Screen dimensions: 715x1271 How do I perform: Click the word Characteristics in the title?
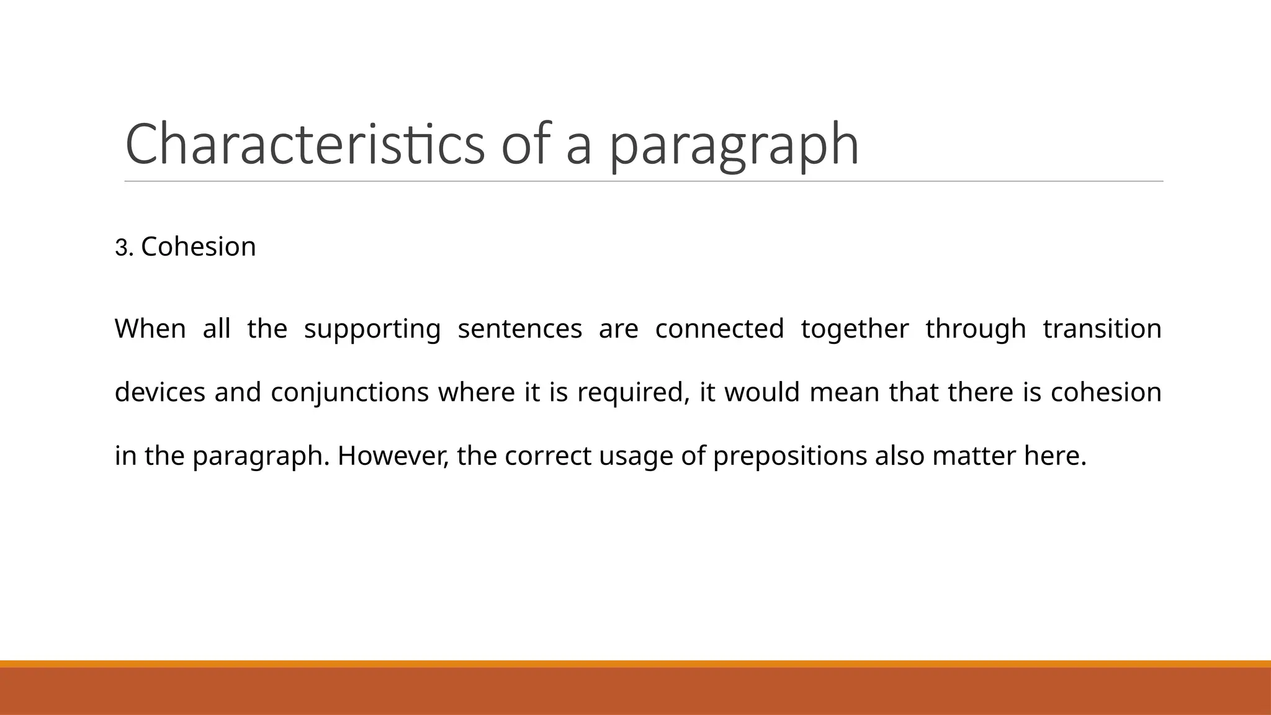click(304, 144)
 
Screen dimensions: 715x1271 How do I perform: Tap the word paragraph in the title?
click(734, 146)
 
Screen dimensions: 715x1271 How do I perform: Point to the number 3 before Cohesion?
click(121, 248)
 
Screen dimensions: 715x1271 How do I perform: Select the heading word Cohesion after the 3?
click(198, 246)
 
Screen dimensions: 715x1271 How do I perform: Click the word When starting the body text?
click(150, 328)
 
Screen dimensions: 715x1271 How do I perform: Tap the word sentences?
click(519, 328)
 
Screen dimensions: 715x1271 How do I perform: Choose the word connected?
click(719, 328)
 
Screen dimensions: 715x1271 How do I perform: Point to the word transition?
click(1102, 328)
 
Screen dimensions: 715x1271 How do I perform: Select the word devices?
click(160, 392)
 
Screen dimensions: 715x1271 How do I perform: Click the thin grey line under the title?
click(644, 182)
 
